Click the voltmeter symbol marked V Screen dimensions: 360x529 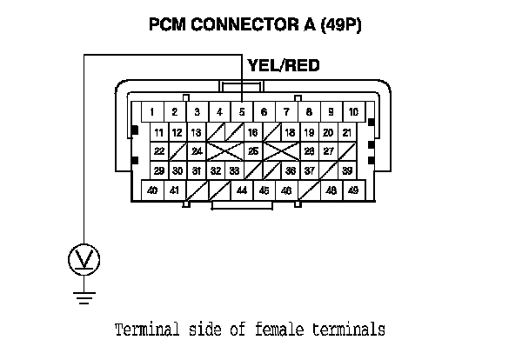[x=84, y=258]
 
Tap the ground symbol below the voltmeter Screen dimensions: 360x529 [x=84, y=298]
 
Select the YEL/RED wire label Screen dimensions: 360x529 [x=284, y=65]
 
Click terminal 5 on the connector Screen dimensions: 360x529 [x=241, y=112]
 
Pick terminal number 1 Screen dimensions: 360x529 [x=151, y=112]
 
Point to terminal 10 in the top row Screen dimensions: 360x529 [x=353, y=112]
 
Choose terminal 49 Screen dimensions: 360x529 [x=352, y=190]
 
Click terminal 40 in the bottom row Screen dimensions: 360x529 [x=152, y=190]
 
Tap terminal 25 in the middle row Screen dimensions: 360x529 [x=253, y=151]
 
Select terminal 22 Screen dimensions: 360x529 [x=159, y=151]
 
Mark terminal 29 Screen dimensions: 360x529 [x=159, y=170]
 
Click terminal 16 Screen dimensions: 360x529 [x=253, y=132]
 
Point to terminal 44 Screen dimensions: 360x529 [x=241, y=190]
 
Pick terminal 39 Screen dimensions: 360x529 [x=346, y=170]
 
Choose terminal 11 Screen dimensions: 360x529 [x=159, y=132]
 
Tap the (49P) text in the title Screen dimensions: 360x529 [x=341, y=24]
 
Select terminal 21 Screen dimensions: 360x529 [x=346, y=132]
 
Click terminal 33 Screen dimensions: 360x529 [x=234, y=170]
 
